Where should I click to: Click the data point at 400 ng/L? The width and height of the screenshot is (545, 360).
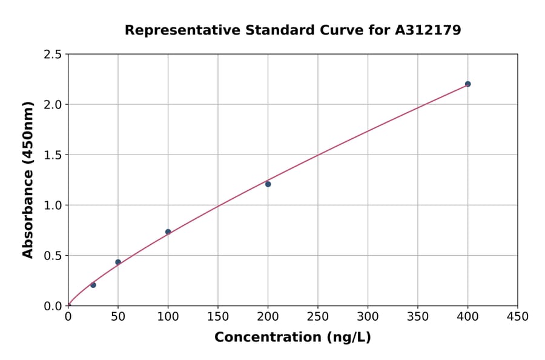click(x=467, y=84)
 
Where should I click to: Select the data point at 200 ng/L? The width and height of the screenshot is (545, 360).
click(x=268, y=184)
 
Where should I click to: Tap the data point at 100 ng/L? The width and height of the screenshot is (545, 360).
click(x=168, y=232)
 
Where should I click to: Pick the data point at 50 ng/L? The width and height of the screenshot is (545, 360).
click(x=118, y=262)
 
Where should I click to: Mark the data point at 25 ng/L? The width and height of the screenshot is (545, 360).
click(x=93, y=285)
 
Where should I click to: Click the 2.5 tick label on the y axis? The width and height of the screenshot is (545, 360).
click(x=53, y=55)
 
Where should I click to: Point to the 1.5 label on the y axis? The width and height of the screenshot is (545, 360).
click(x=53, y=155)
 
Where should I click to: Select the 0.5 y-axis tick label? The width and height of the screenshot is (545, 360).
click(x=53, y=256)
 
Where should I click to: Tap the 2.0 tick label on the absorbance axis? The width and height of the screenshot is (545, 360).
click(x=53, y=105)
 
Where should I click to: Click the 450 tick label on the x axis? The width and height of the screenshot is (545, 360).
click(x=517, y=317)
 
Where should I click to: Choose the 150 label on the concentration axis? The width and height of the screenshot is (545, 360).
click(x=218, y=317)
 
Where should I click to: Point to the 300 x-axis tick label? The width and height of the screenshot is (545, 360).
click(x=368, y=317)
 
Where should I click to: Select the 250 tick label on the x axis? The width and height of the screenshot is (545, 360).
click(x=318, y=317)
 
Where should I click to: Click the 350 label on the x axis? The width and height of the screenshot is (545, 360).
click(x=418, y=317)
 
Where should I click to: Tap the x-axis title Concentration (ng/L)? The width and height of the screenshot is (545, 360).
click(x=292, y=338)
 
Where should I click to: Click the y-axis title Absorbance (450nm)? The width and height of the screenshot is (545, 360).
click(x=28, y=180)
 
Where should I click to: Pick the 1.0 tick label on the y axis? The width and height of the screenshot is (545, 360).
click(x=53, y=205)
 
